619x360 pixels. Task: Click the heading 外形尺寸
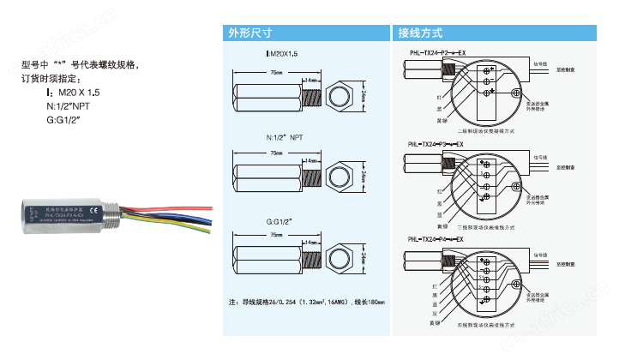click(249, 33)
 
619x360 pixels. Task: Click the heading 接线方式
click(420, 33)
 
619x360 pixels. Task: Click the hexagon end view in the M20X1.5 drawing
click(341, 96)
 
